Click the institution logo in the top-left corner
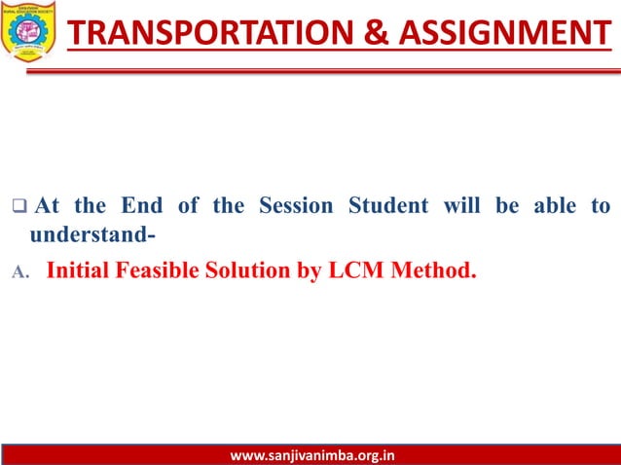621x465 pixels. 30,30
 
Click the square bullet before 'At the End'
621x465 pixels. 17,207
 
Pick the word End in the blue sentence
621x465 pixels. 142,206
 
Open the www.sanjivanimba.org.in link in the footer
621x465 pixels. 310,454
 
